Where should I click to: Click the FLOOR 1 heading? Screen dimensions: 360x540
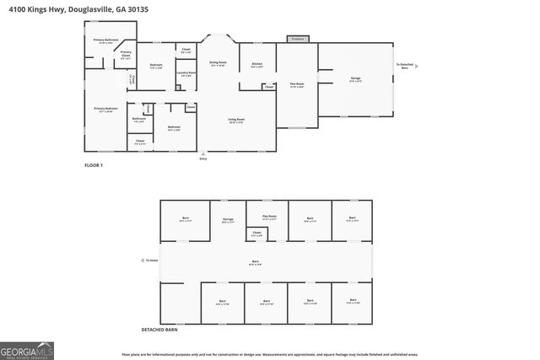coord(93,164)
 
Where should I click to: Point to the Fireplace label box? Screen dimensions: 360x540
coord(297,39)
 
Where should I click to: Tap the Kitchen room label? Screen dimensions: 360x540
coord(257,65)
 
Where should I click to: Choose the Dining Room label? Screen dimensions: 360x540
coord(217,63)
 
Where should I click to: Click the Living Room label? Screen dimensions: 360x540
coord(235,121)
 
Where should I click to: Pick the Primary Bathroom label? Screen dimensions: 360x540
coord(105,41)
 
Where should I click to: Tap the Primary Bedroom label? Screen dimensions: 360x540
coord(105,110)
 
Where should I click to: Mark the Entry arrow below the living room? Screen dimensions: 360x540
coord(202,156)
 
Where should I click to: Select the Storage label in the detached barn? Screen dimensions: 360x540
coord(228,219)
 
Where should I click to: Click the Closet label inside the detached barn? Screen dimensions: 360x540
coord(256,234)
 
